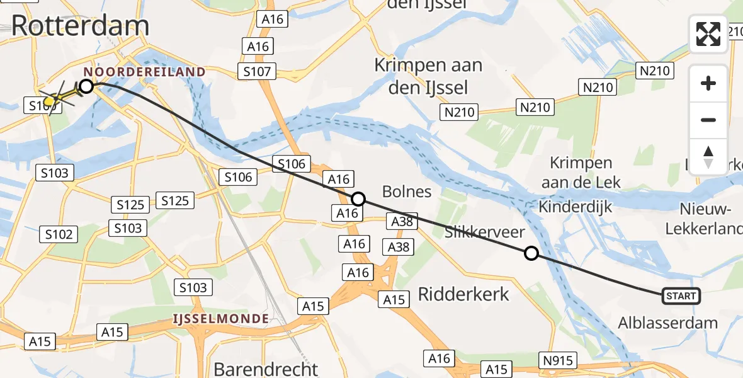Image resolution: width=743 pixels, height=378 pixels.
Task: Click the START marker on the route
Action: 681,295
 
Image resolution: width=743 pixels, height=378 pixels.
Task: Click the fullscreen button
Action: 708,34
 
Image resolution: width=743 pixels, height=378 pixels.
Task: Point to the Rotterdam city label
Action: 80,26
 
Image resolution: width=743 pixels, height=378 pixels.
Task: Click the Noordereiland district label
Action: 144,72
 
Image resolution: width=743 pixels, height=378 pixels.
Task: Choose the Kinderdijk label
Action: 576,207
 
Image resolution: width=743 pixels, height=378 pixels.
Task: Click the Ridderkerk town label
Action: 464,294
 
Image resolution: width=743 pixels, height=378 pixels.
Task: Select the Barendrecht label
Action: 266,368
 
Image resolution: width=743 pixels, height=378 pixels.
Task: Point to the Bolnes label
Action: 407,191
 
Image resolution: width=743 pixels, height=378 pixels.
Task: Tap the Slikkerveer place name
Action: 484,232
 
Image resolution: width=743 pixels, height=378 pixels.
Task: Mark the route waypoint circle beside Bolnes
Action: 358,200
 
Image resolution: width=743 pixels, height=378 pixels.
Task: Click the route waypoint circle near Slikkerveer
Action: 531,254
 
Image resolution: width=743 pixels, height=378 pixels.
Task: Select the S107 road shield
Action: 256,71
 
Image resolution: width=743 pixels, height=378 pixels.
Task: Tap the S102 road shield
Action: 59,234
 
